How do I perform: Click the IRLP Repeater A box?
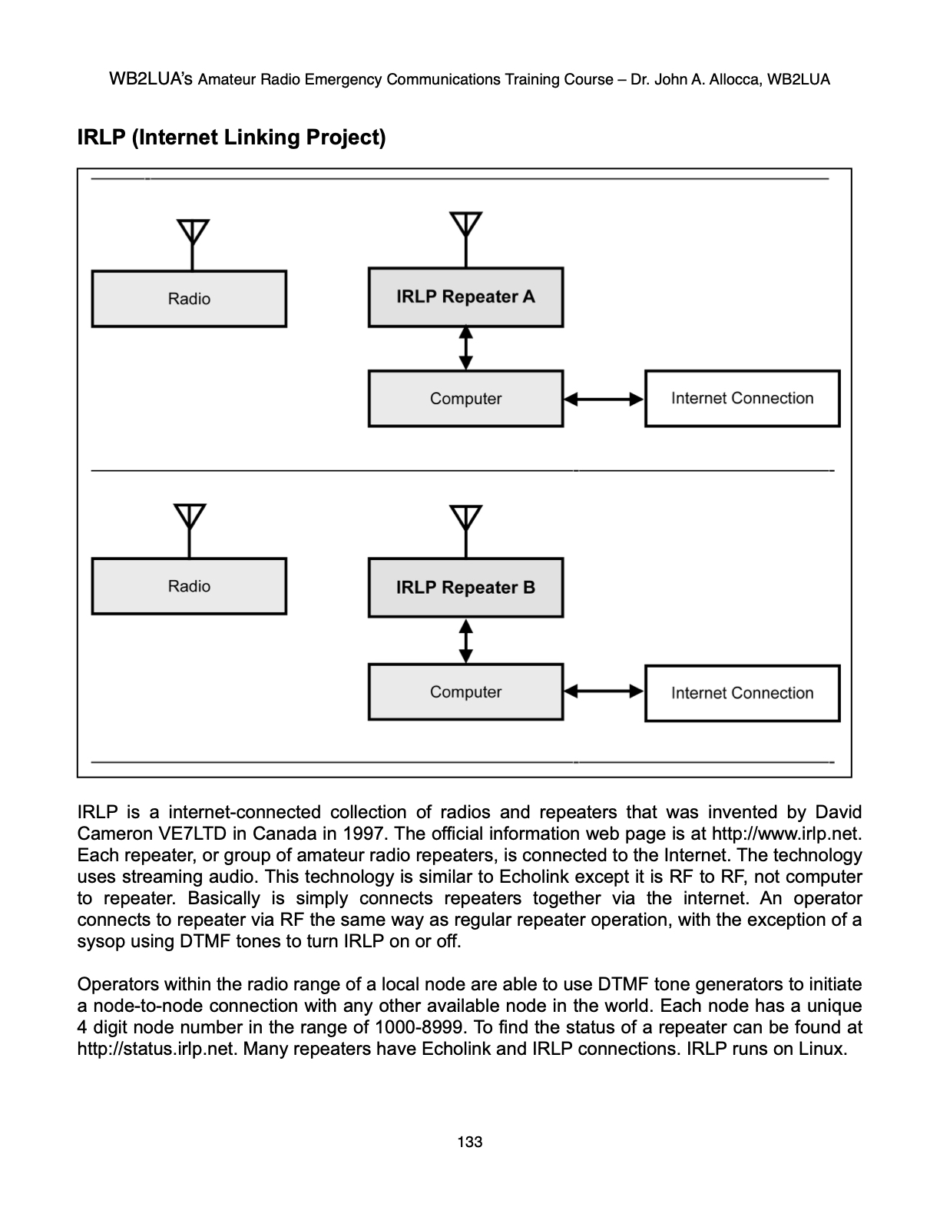click(465, 297)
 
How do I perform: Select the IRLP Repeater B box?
click(465, 588)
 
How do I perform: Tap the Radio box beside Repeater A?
click(189, 299)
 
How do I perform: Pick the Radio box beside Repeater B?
click(189, 586)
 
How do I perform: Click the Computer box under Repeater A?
click(465, 399)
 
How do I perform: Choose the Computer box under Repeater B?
click(465, 692)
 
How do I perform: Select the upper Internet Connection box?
click(742, 399)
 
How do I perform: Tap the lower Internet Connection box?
click(742, 693)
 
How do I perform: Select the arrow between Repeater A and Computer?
click(466, 348)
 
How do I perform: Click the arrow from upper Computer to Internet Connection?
click(604, 399)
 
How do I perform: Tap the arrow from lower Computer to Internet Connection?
click(604, 691)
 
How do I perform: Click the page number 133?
click(469, 1142)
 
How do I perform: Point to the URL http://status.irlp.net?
click(157, 1049)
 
